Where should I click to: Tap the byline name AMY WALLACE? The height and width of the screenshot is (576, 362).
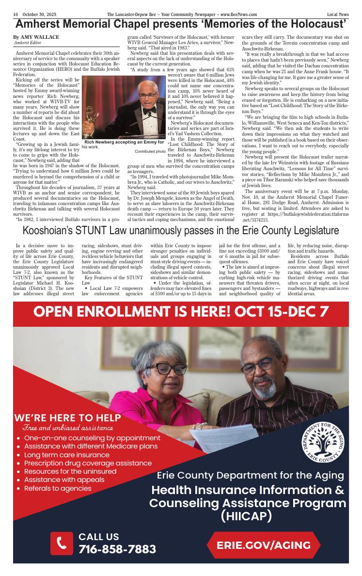coord(39,37)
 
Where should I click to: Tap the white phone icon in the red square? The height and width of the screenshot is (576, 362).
coord(62,543)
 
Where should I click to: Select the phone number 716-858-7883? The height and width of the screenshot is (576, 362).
coord(117,549)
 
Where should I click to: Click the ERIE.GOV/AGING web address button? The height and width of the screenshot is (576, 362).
coord(264,545)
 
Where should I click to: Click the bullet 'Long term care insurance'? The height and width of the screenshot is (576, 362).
coord(66,455)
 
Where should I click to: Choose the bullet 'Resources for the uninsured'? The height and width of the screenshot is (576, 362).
coord(70,471)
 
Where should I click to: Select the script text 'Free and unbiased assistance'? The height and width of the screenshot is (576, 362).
coord(68,428)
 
